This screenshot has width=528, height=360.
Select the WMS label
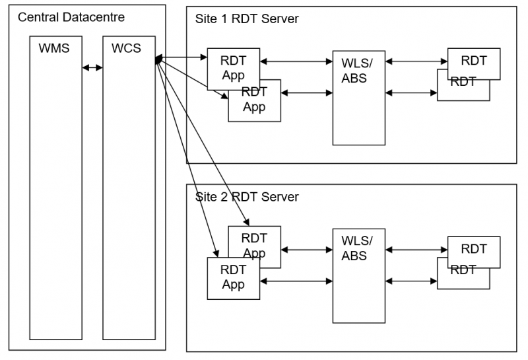(x=55, y=48)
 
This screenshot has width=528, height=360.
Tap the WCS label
(x=127, y=48)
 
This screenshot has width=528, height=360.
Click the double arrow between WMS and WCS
(x=92, y=67)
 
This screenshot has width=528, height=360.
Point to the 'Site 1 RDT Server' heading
(x=247, y=18)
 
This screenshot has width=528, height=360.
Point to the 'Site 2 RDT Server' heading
(x=247, y=197)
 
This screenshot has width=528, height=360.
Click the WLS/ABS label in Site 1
(x=357, y=71)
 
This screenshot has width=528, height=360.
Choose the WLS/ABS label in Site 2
(x=357, y=248)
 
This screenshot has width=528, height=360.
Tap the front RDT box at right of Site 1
(x=473, y=61)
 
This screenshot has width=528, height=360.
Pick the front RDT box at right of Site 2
(x=473, y=250)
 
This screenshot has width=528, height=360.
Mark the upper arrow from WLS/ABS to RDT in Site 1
(x=416, y=61)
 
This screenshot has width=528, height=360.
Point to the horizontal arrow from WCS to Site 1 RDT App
(x=182, y=58)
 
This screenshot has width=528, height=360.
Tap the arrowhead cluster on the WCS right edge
(x=158, y=61)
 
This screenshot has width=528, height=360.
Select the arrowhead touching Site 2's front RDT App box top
(x=216, y=254)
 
